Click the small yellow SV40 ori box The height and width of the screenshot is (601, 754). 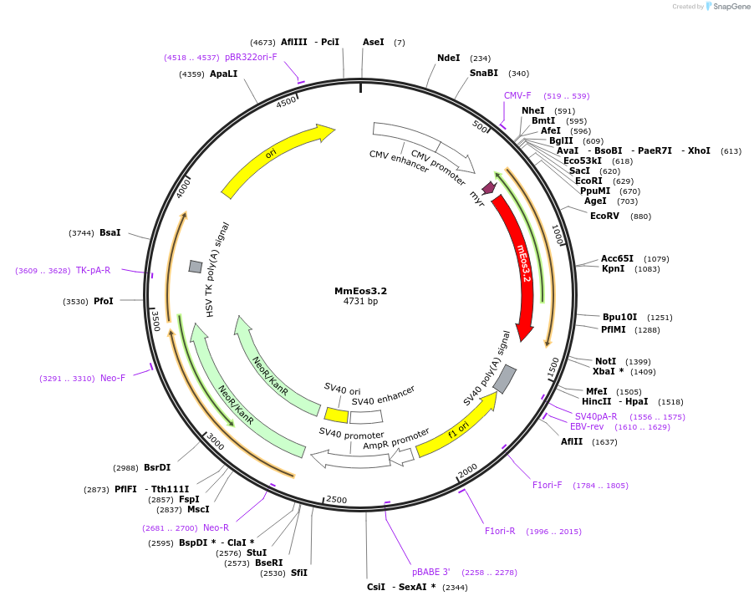coord(336,415)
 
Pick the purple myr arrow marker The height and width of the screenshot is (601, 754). coord(489,188)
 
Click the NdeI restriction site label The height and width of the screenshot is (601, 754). coord(449,58)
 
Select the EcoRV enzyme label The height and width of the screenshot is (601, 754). coord(604,216)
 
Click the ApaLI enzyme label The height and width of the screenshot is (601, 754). coord(223,74)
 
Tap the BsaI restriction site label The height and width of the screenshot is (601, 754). coord(110,232)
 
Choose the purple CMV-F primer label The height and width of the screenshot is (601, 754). coord(517,95)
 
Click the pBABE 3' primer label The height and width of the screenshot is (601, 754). coord(430,572)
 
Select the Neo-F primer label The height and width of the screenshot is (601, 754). coord(113,378)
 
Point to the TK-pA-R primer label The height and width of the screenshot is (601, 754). coord(93,270)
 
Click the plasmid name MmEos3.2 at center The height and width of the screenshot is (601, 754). coord(360,291)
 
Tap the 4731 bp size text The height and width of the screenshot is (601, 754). coord(360,302)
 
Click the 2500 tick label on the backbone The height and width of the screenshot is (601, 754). coord(336,500)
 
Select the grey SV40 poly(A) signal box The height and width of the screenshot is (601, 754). coord(505,379)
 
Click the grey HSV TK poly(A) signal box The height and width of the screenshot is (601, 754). coord(196,266)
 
